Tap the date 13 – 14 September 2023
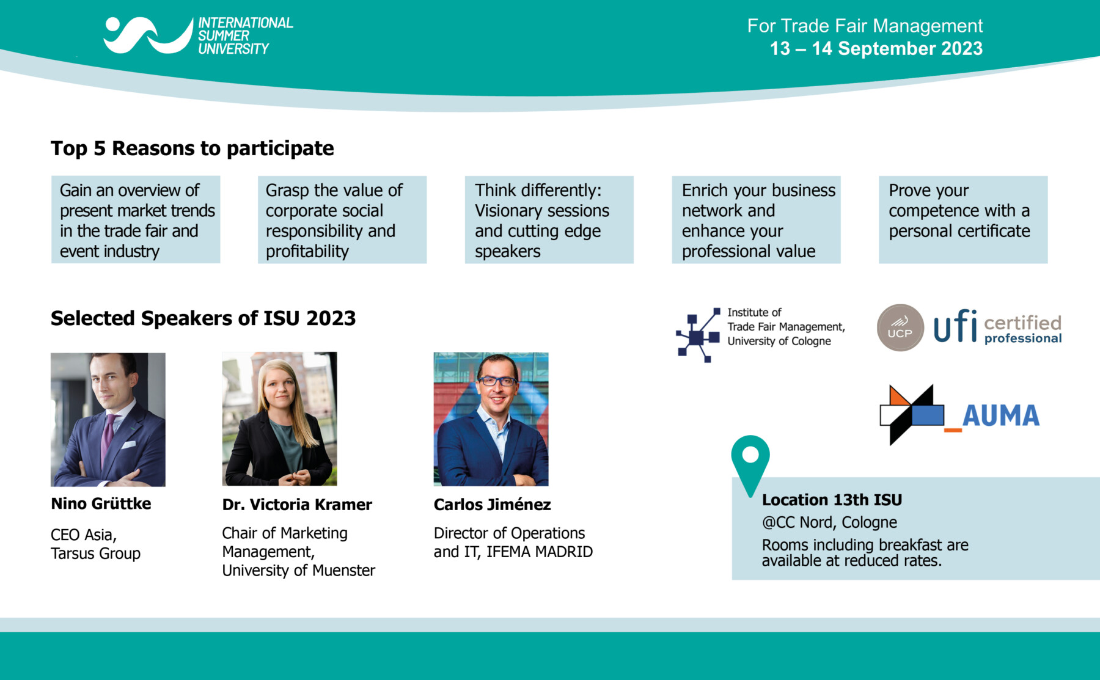(x=876, y=48)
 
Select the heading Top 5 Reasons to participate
(x=193, y=148)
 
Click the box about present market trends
(x=136, y=220)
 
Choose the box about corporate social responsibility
(x=342, y=220)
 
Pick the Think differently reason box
(x=549, y=220)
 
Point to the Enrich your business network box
(x=756, y=220)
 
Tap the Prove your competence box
(x=963, y=220)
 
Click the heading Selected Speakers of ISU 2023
(x=204, y=318)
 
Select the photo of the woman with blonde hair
(x=279, y=419)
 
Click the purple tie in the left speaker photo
(x=108, y=439)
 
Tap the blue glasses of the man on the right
(x=496, y=381)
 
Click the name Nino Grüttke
(x=101, y=503)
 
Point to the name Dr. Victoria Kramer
(x=297, y=505)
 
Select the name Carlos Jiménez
(x=492, y=505)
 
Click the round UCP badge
(x=900, y=328)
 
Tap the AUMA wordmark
(x=1000, y=416)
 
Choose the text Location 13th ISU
(x=832, y=500)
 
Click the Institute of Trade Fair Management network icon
(x=698, y=335)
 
